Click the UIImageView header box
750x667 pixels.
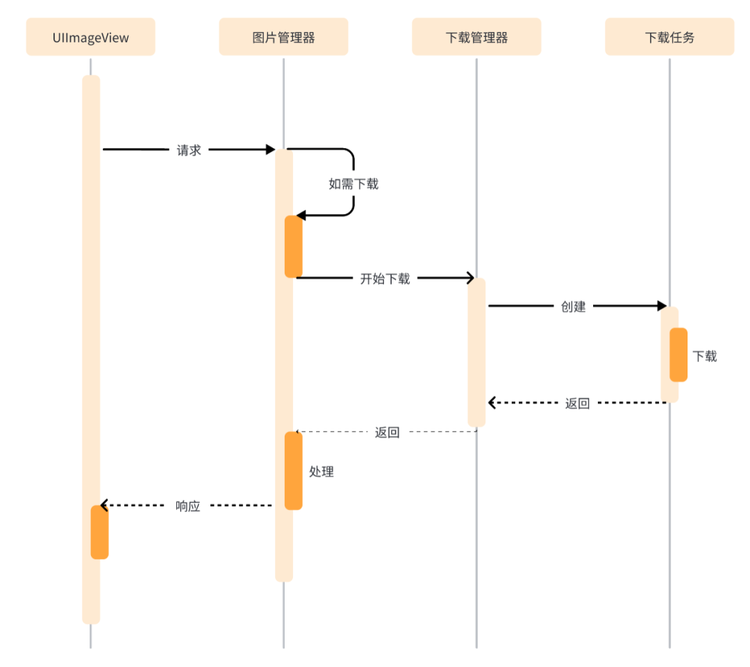point(90,38)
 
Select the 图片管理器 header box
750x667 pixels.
point(283,38)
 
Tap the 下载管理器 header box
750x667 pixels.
point(476,38)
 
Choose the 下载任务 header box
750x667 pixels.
point(669,38)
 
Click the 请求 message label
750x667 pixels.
point(189,150)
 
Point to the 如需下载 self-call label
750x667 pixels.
point(353,184)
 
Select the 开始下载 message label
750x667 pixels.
point(385,279)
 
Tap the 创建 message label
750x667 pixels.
point(574,306)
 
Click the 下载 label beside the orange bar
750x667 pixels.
point(705,356)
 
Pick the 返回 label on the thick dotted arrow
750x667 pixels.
point(577,404)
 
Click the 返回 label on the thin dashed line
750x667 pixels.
point(387,432)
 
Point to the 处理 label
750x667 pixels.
point(322,472)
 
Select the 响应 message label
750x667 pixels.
point(188,507)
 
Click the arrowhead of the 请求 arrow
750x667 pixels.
point(271,150)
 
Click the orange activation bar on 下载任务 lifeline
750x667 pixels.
point(678,354)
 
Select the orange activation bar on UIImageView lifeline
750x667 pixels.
point(99,532)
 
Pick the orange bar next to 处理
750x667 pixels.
point(293,470)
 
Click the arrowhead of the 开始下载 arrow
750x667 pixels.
point(470,279)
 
